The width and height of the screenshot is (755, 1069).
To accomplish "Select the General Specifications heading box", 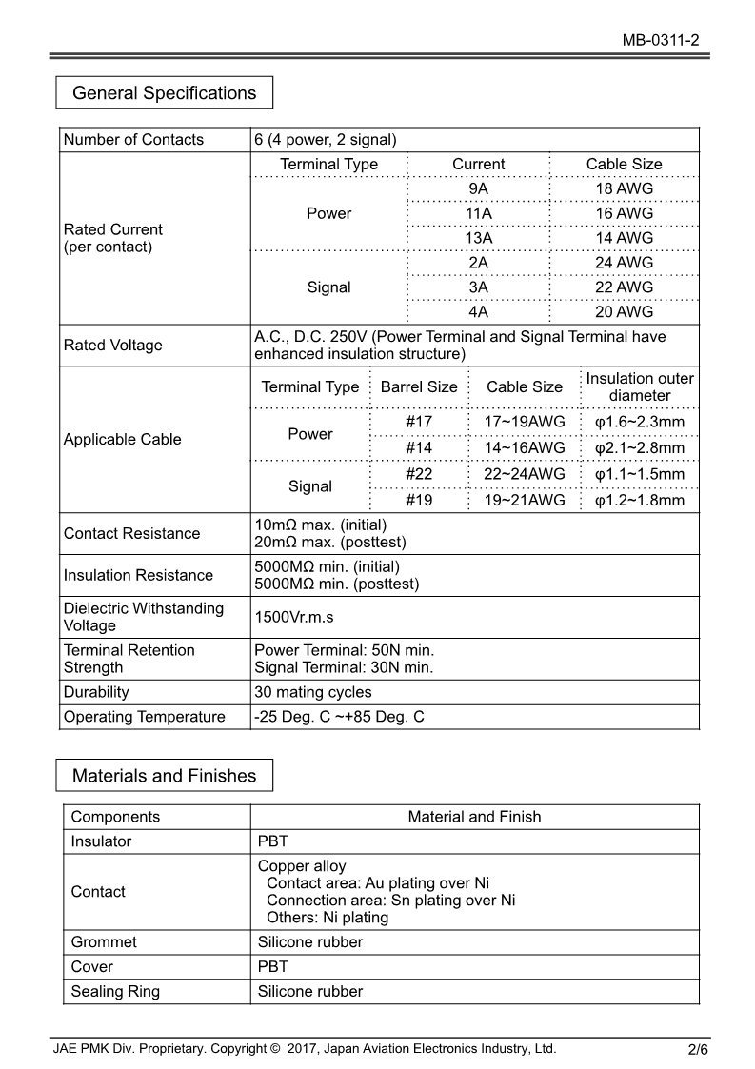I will tap(164, 93).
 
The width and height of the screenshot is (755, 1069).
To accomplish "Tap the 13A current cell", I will tap(478, 238).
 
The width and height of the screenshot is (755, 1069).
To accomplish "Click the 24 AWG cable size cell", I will tap(624, 263).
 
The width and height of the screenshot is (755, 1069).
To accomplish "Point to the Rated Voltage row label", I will tap(112, 346).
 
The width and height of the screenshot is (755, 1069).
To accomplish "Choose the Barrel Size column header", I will tap(418, 387).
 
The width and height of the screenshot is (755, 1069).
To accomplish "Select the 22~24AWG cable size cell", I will tap(525, 474).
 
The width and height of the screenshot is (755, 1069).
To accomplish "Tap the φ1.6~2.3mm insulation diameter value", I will tap(639, 423).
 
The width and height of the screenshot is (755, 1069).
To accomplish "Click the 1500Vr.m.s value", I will tap(294, 617).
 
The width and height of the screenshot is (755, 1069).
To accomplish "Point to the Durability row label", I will tap(96, 692).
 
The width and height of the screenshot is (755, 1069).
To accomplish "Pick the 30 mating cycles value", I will tap(313, 692).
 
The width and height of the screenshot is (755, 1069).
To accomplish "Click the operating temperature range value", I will tap(339, 717).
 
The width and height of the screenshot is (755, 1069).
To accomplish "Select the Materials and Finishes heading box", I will tap(164, 776).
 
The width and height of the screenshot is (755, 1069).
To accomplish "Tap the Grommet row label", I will tap(104, 942).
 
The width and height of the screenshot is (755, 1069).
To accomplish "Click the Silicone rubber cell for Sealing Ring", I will tap(310, 992).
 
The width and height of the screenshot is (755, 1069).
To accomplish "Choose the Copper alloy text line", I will tap(302, 866).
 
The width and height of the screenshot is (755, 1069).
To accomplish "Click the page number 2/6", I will tap(698, 1051).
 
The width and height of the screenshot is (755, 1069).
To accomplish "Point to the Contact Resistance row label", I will tap(131, 533).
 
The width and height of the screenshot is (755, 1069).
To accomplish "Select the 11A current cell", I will tap(478, 213).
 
